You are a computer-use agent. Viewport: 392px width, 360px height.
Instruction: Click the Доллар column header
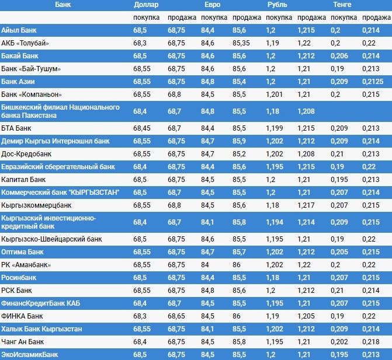coord(145,5)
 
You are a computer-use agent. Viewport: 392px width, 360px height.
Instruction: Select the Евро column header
coord(212,5)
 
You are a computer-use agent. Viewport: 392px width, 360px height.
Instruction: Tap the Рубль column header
coord(277,5)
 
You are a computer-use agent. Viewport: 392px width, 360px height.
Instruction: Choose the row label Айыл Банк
coord(20,30)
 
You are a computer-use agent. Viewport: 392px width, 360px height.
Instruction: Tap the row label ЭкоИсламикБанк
coord(30,354)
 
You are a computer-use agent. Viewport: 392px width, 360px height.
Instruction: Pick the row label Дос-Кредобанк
coord(26,153)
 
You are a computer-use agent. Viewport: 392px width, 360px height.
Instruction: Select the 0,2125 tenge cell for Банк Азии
coord(372,81)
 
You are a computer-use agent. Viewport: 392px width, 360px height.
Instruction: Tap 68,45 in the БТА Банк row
coord(143,128)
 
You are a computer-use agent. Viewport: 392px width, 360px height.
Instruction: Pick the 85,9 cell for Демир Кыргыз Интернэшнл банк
coord(238,141)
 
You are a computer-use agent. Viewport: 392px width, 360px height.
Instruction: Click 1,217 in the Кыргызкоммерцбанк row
coord(307,205)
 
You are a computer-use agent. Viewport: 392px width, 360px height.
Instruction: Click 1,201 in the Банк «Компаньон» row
coord(274,94)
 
